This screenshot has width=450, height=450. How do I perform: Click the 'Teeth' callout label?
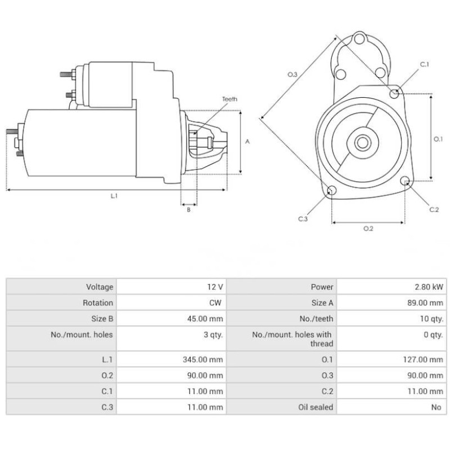tap(229, 99)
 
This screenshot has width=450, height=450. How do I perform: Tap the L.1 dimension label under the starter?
tap(114, 196)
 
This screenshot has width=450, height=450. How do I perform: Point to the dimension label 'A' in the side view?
tap(247, 142)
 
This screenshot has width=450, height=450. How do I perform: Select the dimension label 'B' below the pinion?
tap(188, 210)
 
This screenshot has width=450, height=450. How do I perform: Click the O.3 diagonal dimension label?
tap(292, 74)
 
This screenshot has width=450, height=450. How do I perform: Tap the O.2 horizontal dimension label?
tap(368, 228)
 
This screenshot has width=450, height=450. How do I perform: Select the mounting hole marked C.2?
tap(405, 181)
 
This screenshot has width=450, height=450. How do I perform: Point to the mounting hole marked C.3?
tap(332, 191)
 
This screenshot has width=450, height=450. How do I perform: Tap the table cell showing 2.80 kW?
tap(428, 287)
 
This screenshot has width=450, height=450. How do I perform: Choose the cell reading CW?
tap(215, 303)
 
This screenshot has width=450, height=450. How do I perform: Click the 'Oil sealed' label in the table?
tap(316, 407)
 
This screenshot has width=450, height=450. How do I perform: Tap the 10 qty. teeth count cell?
tap(430, 318)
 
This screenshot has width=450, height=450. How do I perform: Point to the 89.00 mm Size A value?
tap(426, 303)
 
